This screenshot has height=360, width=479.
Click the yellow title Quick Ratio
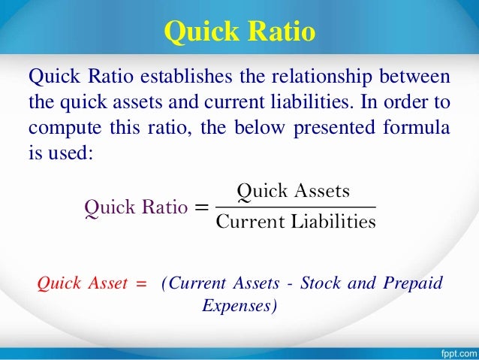239,32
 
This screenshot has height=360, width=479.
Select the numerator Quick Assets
294,191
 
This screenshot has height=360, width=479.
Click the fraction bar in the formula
294,207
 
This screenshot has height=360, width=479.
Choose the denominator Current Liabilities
294,222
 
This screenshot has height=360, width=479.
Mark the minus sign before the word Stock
290,284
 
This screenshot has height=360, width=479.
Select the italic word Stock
318,283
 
